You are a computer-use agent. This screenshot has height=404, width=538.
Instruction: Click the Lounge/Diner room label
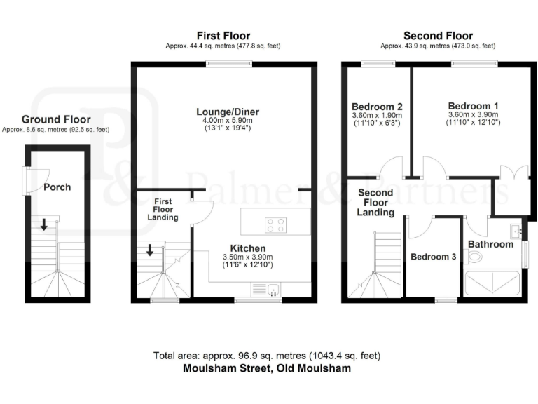[221, 110]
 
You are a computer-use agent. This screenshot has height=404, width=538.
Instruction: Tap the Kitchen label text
[248, 248]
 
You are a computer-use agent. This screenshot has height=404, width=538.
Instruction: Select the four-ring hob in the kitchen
[276, 224]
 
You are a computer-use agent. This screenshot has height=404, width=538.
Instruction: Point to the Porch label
[57, 187]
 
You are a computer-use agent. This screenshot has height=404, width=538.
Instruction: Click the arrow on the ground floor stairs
[43, 224]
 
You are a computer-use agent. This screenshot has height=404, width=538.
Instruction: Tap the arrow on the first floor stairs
[151, 250]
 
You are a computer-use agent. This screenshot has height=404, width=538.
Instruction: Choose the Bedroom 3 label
[434, 257]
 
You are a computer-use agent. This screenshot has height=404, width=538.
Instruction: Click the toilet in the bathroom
[476, 259]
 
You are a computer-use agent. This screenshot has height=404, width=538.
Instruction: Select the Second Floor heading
[438, 36]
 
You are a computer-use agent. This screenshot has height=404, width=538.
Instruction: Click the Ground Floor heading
[55, 120]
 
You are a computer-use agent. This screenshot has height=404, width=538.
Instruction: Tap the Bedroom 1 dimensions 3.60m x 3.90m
[472, 115]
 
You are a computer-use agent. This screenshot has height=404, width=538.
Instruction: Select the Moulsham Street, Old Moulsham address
[267, 368]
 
